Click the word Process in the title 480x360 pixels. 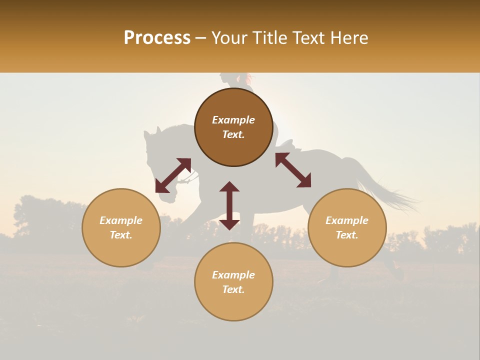click(157, 38)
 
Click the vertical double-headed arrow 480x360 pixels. click(229, 205)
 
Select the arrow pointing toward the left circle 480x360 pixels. click(173, 175)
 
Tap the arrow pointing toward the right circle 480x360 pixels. click(293, 170)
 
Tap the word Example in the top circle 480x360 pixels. click(233, 120)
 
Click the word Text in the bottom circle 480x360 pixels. click(233, 289)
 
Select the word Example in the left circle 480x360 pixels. click(121, 220)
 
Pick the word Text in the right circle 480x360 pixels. click(347, 235)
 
